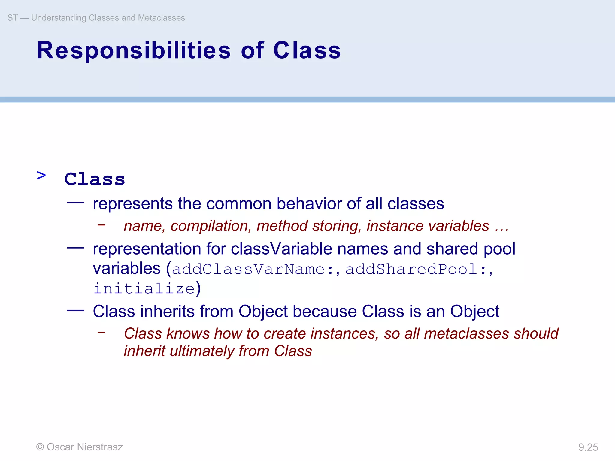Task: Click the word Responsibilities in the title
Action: point(134,50)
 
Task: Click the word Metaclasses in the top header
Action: point(161,18)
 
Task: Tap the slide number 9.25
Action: point(588,447)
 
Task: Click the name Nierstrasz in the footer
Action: point(100,447)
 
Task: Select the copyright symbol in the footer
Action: point(40,447)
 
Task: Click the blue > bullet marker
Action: point(41,175)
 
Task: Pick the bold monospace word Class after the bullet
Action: point(95,179)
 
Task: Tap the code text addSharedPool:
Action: point(416,269)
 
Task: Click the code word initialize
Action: point(144,288)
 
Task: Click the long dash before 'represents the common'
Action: point(75,203)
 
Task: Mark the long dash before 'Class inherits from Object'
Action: point(75,310)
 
